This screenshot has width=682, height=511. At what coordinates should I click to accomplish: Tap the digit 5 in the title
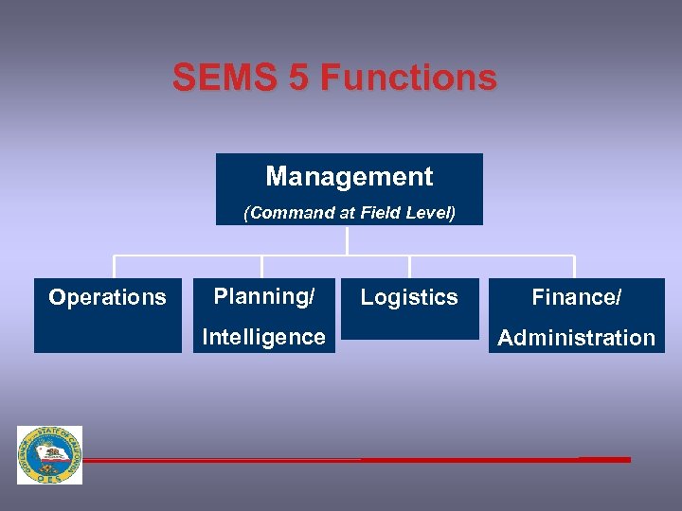pyautogui.click(x=297, y=77)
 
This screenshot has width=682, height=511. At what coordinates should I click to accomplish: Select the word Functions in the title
pyautogui.click(x=409, y=77)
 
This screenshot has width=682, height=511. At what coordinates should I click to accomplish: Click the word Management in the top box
pyautogui.click(x=350, y=177)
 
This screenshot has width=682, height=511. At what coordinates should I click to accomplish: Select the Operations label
pyautogui.click(x=107, y=297)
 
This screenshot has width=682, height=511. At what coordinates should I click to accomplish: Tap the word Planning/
pyautogui.click(x=264, y=296)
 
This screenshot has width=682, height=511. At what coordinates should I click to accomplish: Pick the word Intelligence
pyautogui.click(x=264, y=337)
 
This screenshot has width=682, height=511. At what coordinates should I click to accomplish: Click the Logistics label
pyautogui.click(x=409, y=297)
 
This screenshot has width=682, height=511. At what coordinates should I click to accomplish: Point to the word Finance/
pyautogui.click(x=576, y=297)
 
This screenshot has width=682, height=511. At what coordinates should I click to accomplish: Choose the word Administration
pyautogui.click(x=576, y=338)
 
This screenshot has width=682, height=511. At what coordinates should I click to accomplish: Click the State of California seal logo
pyautogui.click(x=49, y=455)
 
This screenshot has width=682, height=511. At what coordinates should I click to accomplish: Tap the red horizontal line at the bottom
pyautogui.click(x=379, y=460)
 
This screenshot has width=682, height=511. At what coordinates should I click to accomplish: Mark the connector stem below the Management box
pyautogui.click(x=349, y=240)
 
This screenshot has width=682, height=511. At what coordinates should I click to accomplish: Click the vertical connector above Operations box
pyautogui.click(x=115, y=267)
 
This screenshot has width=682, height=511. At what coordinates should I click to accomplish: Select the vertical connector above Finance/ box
pyautogui.click(x=574, y=267)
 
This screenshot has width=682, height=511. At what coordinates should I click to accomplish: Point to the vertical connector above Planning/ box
pyautogui.click(x=262, y=267)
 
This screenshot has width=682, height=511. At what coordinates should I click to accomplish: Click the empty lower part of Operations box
pyautogui.click(x=107, y=333)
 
